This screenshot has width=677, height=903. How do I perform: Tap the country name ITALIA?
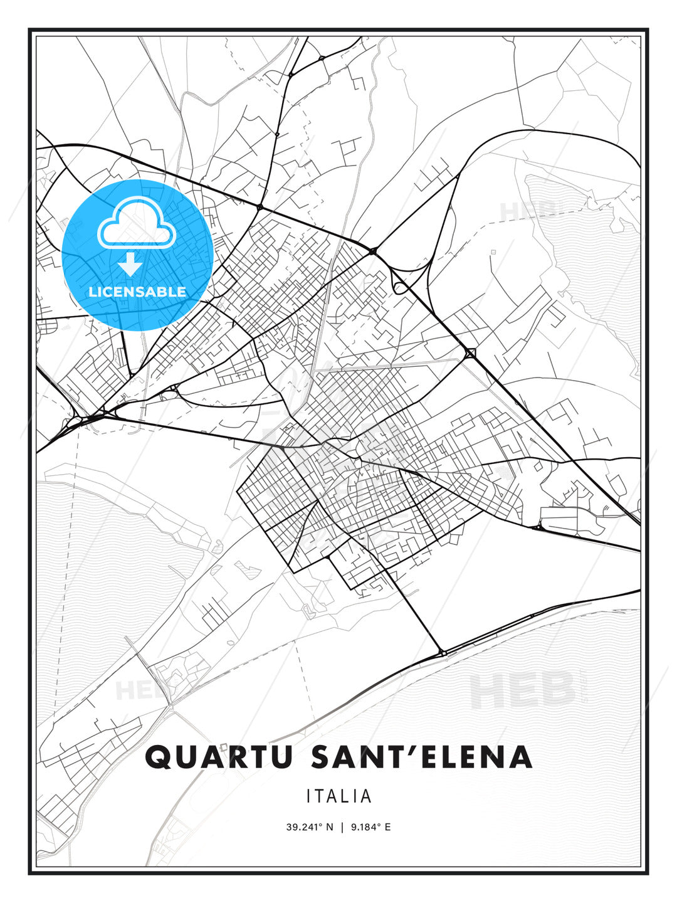339,796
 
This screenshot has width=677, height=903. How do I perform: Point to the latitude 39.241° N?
310,827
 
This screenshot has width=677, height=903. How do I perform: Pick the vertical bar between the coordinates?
342,827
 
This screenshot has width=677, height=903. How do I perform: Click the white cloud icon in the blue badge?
136,223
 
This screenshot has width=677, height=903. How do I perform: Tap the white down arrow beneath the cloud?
130,264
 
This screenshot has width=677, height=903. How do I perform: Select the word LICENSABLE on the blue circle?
137,292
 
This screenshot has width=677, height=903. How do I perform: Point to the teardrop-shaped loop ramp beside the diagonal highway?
397,287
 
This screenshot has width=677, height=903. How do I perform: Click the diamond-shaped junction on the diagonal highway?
471,353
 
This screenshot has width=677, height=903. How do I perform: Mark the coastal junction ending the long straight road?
443,653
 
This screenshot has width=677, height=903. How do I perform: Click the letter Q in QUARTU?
158,758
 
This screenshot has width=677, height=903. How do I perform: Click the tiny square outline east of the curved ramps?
493,251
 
